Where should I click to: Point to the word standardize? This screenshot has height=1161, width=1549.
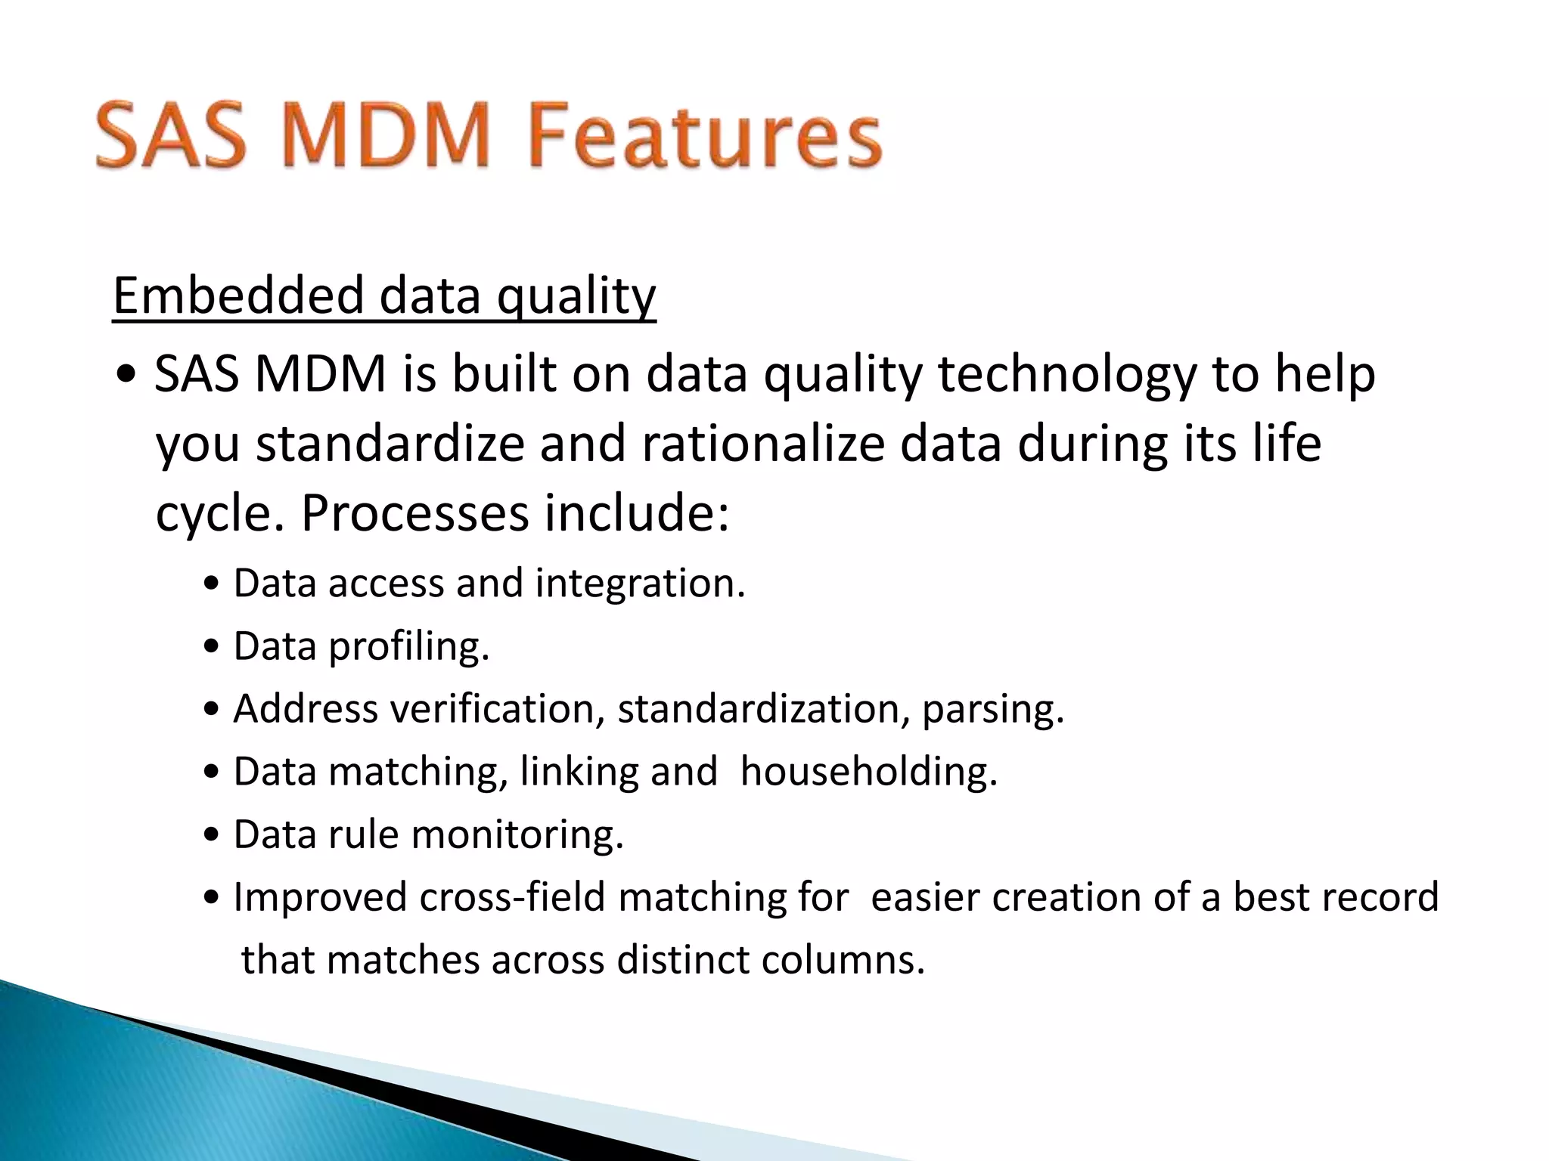390,444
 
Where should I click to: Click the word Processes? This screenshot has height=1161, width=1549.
415,513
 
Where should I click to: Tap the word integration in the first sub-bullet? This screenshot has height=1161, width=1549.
640,584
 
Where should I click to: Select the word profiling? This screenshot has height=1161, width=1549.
409,647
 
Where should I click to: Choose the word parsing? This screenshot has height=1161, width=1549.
992,709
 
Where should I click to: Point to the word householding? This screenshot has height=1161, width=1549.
868,772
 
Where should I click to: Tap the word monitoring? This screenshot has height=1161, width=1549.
517,834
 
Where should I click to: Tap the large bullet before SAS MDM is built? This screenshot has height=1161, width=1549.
127,376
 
